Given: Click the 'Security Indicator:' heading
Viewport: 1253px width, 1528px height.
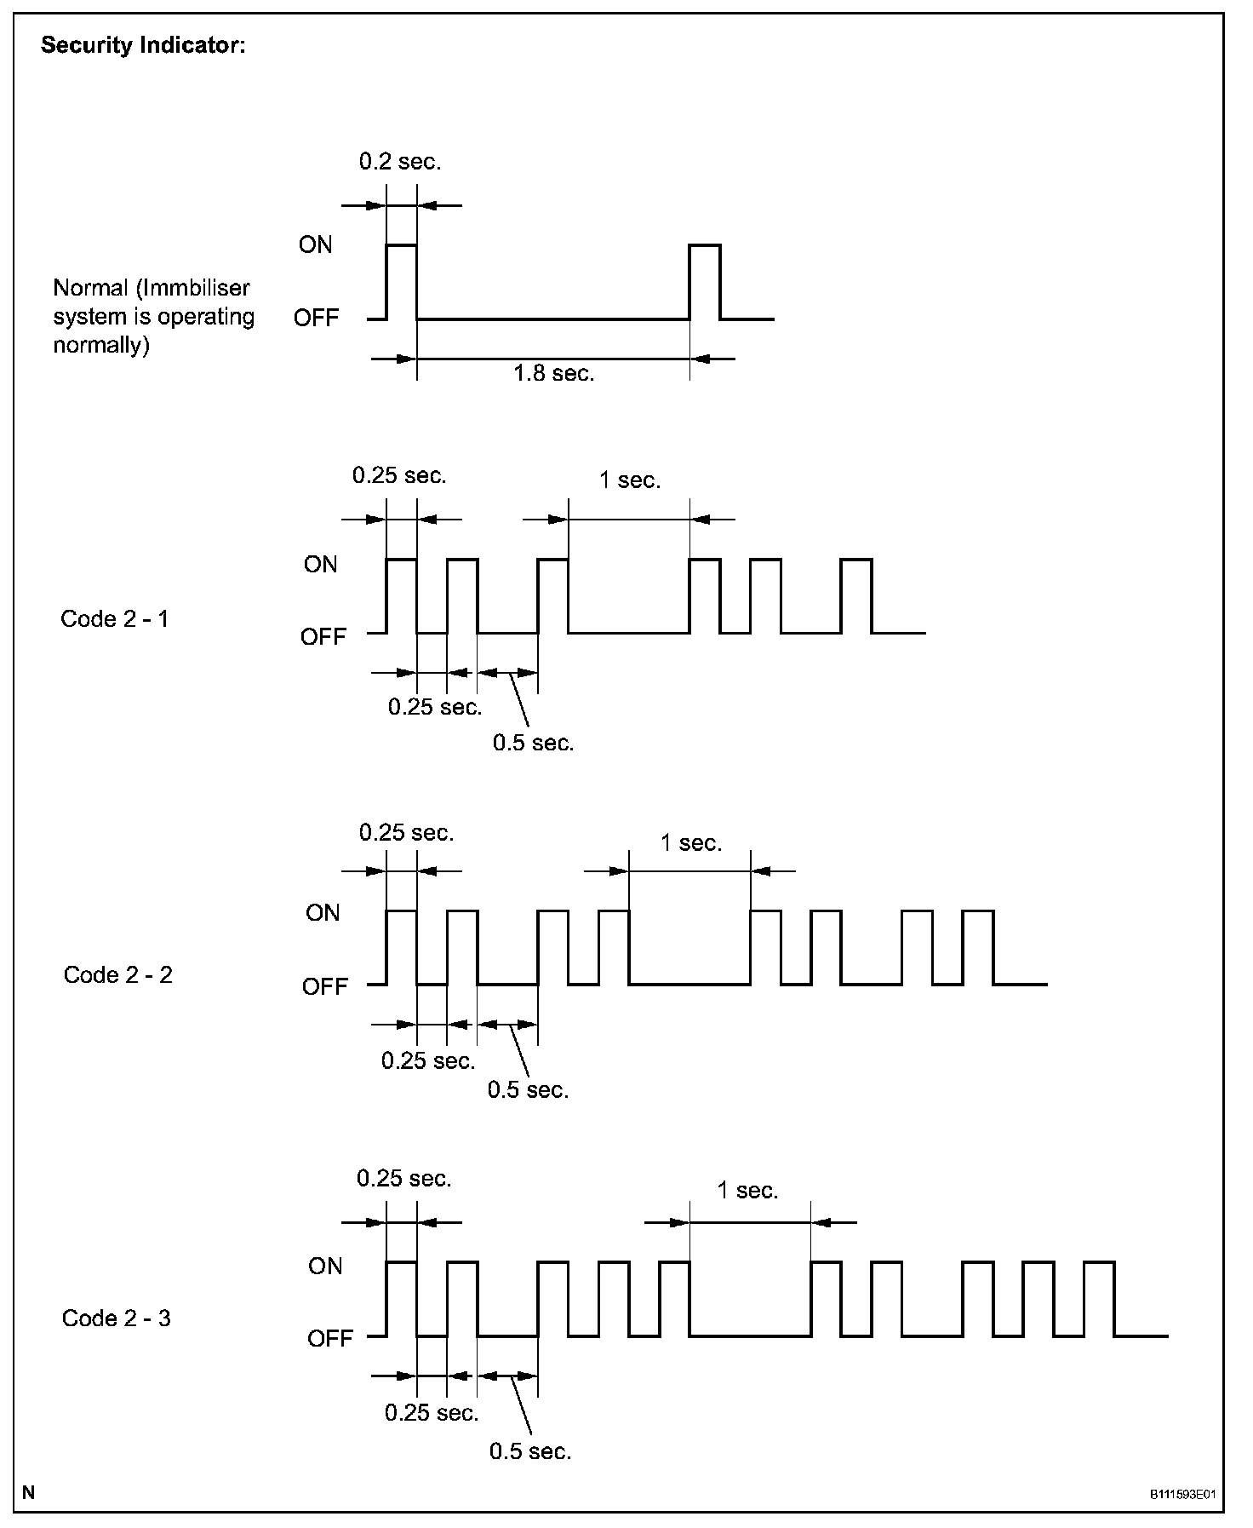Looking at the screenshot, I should point(143,46).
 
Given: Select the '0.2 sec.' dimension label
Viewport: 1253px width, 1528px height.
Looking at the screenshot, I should point(400,162).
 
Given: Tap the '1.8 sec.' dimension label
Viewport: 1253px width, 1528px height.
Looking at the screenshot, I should point(553,373).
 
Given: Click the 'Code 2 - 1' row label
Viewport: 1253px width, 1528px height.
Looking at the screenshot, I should point(115,618).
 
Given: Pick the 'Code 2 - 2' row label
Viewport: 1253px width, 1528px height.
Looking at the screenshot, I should point(118,974).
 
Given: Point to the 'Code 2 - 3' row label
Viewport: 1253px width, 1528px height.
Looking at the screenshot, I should point(117,1318).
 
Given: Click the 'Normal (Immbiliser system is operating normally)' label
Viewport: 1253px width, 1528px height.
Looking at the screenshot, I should point(153,317).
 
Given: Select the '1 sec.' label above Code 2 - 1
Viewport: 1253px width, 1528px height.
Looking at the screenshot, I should point(630,480).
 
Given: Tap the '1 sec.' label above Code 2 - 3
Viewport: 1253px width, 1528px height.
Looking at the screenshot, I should point(747,1190).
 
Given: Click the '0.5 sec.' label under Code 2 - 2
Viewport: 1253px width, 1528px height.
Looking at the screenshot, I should point(528,1089).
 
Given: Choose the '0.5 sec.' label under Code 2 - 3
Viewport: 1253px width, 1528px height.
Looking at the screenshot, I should point(530,1451).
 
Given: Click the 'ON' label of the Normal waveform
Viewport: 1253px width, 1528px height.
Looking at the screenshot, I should point(315,245).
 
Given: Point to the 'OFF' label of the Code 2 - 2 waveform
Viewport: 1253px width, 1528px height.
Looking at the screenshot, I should point(325,986).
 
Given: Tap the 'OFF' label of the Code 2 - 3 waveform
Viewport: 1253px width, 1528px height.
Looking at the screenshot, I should point(329,1338).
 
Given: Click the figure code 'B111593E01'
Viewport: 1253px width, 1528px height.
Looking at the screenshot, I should point(1182,1495).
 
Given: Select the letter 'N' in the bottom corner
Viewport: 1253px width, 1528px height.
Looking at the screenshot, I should point(29,1492).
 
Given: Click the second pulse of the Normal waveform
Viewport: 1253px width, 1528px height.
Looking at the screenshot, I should point(705,281).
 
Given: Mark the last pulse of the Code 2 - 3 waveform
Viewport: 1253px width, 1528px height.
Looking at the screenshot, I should point(1099,1298).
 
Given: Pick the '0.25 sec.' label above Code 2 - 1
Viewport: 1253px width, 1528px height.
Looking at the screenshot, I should point(399,475).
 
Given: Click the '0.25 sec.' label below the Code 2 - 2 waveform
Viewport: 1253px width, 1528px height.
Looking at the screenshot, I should point(428,1061).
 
